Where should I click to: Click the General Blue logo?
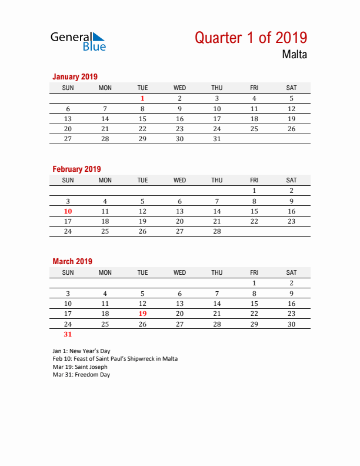coord(78,41)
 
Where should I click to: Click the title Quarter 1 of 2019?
coord(251,38)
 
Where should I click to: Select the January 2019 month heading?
coord(75,76)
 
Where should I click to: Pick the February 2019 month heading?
coord(76,169)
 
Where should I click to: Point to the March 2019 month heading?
coord(72,261)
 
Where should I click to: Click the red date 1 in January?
coord(142,98)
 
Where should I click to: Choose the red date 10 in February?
coord(68,211)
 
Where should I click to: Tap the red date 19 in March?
coord(142,314)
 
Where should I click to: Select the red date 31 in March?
coord(68,334)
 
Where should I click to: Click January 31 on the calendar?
coord(217,139)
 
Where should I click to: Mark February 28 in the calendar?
coord(217,231)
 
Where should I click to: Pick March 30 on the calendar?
coord(291,324)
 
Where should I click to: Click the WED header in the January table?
coord(179,88)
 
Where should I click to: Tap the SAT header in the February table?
coord(291,180)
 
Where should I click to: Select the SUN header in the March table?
coord(68,272)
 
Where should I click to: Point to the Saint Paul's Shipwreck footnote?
coord(115,358)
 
